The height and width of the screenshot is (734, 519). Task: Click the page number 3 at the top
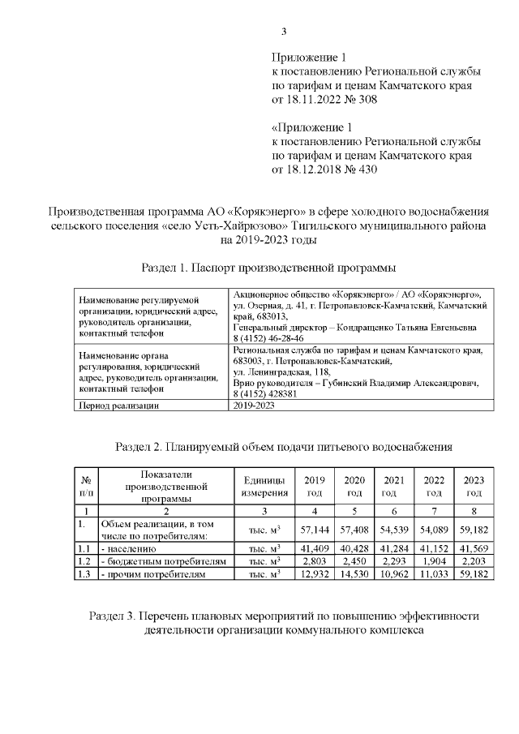coord(284,32)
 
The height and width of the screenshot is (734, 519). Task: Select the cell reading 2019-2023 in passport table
coord(254,405)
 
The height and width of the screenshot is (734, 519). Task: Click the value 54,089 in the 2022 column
coord(434,529)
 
